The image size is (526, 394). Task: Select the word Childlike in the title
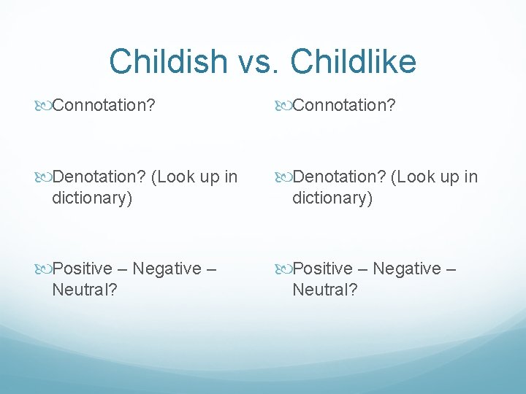coord(354,62)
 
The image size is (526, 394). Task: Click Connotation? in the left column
coord(103,106)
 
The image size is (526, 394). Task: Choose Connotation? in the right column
coord(343,106)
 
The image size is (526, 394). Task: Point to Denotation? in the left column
coord(99,177)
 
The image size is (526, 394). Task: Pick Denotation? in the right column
coord(340,177)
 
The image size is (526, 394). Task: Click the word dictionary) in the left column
coord(92,198)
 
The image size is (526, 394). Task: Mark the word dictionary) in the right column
coord(332,198)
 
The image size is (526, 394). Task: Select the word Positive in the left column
coord(83,269)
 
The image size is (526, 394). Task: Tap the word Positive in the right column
coord(322,269)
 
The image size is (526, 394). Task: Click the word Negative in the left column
coord(166,269)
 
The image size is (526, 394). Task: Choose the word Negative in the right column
coord(406,269)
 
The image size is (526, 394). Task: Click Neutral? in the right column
coord(324,290)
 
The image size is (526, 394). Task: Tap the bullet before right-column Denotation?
coord(284,177)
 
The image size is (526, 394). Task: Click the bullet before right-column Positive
coord(284,269)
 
